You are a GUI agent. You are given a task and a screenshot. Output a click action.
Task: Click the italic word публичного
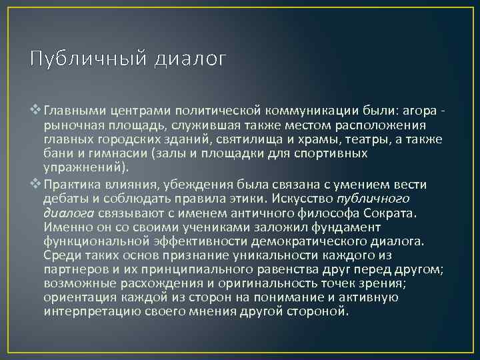point(374,199)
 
